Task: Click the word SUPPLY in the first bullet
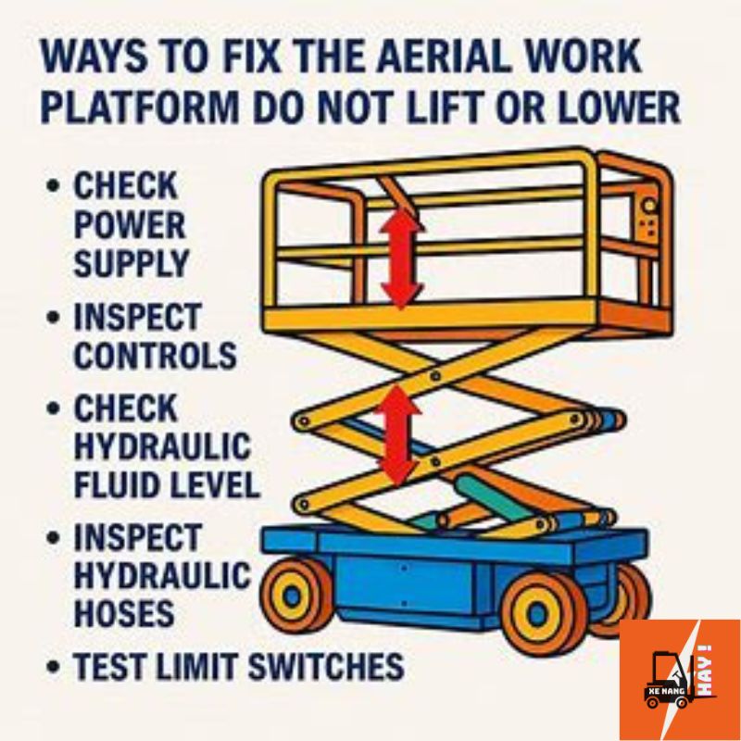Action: click(x=131, y=263)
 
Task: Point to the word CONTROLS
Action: click(x=155, y=356)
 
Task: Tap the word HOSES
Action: click(x=124, y=613)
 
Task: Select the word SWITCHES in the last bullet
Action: click(x=326, y=665)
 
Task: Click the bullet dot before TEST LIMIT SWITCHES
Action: click(x=54, y=666)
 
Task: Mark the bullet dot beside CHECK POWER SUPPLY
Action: click(x=54, y=185)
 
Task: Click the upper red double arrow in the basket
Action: click(x=401, y=257)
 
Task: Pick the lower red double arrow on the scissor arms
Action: click(x=398, y=434)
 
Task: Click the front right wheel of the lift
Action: click(x=539, y=614)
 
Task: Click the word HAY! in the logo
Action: click(x=705, y=670)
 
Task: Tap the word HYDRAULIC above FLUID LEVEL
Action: click(x=162, y=446)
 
